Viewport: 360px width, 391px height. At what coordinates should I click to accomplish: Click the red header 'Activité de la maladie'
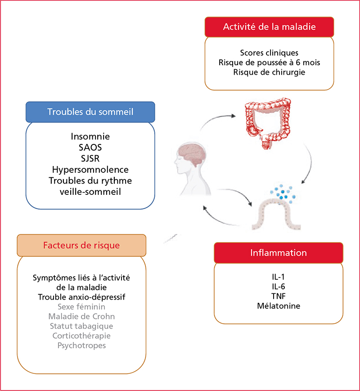click(x=269, y=27)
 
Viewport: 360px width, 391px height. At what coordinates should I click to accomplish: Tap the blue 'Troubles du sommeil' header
click(x=90, y=112)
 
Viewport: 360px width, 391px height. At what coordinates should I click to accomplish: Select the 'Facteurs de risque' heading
click(x=81, y=245)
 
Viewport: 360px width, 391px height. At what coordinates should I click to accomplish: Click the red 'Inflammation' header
click(x=279, y=252)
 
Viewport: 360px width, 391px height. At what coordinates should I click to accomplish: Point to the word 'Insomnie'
click(x=90, y=136)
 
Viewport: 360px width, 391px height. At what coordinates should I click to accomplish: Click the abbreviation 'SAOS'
click(x=90, y=148)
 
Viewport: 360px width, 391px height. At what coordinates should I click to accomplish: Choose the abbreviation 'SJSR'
click(x=90, y=158)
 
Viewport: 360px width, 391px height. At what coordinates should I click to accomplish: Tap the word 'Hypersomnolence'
click(x=90, y=170)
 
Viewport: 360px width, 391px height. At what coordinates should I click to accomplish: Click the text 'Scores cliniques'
click(x=269, y=53)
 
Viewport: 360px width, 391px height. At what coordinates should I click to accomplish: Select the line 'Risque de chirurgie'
click(x=269, y=72)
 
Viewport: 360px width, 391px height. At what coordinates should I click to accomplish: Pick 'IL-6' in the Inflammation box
click(x=279, y=286)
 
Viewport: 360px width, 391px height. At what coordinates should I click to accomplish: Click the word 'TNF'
click(x=279, y=296)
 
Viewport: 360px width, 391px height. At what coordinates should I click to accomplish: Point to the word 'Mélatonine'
click(x=279, y=306)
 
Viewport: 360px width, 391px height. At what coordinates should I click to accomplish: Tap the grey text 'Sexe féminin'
click(x=81, y=306)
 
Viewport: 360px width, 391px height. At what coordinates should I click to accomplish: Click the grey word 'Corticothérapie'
click(x=81, y=336)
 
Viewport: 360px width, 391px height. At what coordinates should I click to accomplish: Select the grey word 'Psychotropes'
click(x=81, y=346)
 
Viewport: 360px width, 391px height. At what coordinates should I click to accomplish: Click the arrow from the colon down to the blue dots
click(x=310, y=163)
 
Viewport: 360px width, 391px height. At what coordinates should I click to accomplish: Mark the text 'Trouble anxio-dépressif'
click(x=81, y=297)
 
